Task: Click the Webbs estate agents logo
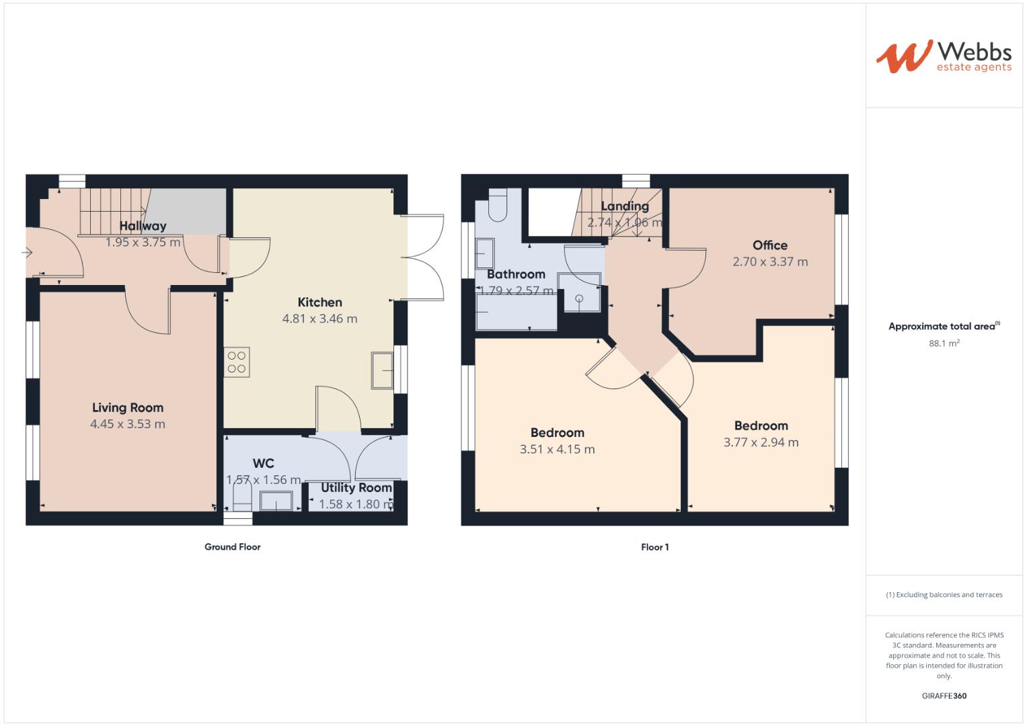[x=943, y=56]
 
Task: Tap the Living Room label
[x=128, y=407]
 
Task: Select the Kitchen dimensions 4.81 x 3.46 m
[x=319, y=319]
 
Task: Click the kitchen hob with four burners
[x=237, y=362]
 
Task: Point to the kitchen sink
[x=382, y=370]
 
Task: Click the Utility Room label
[x=356, y=488]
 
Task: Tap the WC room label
[x=263, y=463]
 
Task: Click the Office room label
[x=770, y=245]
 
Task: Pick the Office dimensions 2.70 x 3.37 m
[x=770, y=262]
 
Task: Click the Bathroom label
[x=516, y=274]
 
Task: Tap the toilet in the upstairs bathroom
[x=498, y=206]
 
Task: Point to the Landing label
[x=625, y=206]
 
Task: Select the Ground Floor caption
[x=232, y=547]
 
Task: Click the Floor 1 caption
[x=654, y=547]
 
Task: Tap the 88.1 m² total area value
[x=944, y=343]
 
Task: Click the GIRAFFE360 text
[x=944, y=696]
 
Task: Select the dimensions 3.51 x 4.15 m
[x=557, y=449]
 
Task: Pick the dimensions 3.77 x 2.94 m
[x=761, y=442]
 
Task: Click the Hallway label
[x=143, y=226]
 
